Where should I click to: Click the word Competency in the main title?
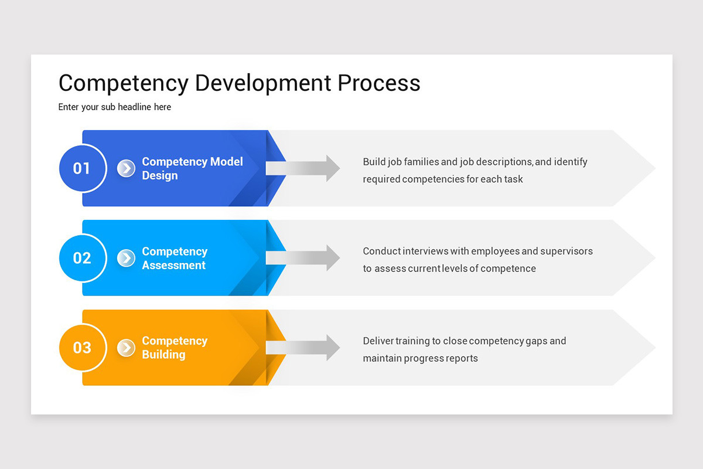[x=123, y=83]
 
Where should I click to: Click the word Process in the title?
[x=378, y=83]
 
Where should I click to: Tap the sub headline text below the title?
[x=114, y=107]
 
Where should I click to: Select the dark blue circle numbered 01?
[x=82, y=169]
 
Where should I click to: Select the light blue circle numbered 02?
[x=82, y=258]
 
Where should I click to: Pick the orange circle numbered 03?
[x=82, y=348]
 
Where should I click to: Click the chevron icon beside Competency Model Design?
[x=126, y=168]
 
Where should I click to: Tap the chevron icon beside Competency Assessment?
[x=126, y=258]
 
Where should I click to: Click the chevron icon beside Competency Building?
[x=126, y=348]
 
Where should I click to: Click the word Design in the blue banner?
[x=159, y=175]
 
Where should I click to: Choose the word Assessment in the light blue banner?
[x=173, y=265]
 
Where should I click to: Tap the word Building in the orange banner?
[x=163, y=355]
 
